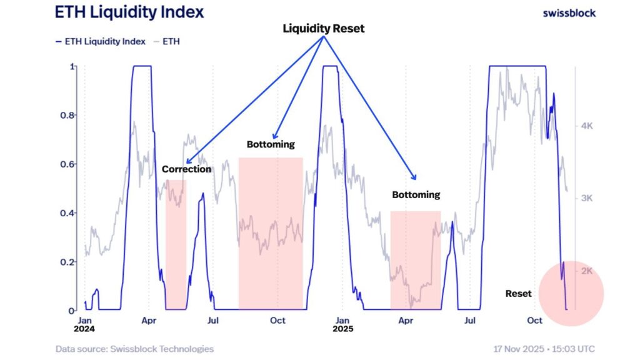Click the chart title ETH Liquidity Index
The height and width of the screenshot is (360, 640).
129,12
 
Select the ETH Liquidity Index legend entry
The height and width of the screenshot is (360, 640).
100,41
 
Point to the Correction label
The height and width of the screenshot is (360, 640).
186,169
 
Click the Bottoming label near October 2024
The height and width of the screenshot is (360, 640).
270,144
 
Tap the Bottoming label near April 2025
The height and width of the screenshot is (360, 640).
416,194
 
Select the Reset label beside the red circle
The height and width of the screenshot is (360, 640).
518,293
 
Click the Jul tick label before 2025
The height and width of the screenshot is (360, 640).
213,321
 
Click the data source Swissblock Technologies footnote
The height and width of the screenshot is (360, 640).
134,349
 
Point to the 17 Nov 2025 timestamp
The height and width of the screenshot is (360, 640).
544,349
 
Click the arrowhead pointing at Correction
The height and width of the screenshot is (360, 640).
188,161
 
